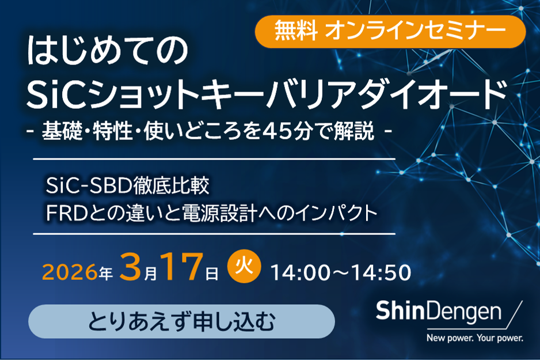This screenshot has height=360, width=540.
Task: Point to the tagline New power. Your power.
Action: pos(474,338)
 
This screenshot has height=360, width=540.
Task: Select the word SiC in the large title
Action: pos(55,93)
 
